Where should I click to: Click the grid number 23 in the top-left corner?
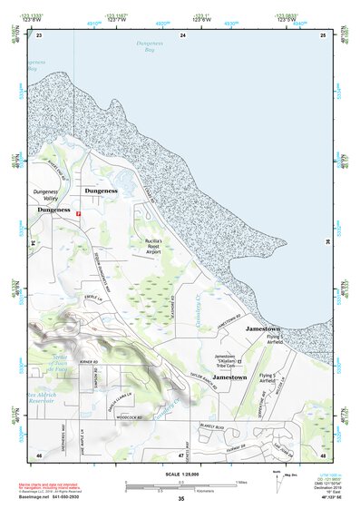(x=39, y=34)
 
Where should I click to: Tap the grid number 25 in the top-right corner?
(x=322, y=34)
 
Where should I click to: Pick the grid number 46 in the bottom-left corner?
(x=39, y=454)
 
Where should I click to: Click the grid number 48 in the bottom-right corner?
(x=322, y=454)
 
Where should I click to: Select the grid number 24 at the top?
(x=182, y=34)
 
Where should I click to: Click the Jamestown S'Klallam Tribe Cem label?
(x=230, y=360)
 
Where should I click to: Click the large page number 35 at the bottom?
(x=181, y=499)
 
